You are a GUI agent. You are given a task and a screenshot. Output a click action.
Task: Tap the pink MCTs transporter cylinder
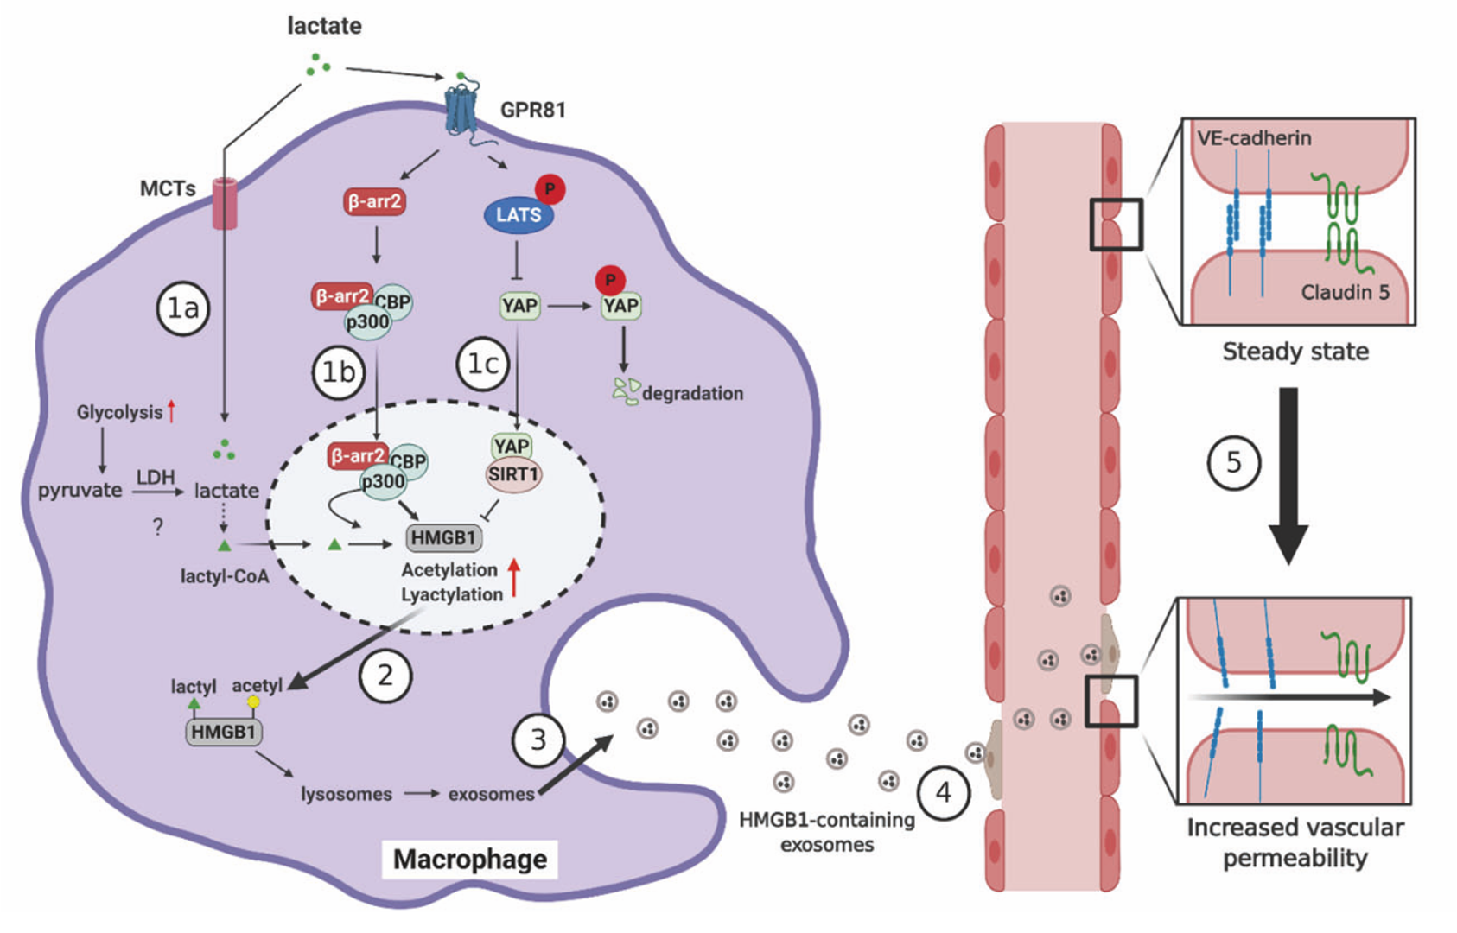tap(225, 203)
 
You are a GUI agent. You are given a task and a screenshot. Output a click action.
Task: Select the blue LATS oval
tap(519, 215)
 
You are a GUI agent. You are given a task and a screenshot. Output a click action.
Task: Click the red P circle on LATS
tap(550, 188)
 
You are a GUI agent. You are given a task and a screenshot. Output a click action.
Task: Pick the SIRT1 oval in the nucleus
tap(513, 474)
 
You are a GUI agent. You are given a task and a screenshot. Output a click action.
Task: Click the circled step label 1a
tap(183, 308)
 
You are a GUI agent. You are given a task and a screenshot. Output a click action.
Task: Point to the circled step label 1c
tap(483, 365)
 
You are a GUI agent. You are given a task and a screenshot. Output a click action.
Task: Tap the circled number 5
tap(1233, 463)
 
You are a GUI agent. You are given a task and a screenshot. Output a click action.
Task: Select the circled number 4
tap(943, 792)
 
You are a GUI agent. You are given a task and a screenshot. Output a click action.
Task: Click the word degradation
tap(692, 394)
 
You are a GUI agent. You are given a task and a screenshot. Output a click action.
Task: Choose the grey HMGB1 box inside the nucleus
tap(443, 537)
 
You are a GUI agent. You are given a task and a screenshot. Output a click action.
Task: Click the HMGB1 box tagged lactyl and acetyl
tap(224, 733)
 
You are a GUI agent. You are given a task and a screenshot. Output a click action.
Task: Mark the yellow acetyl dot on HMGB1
tap(253, 702)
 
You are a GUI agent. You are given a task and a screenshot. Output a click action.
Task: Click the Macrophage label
tap(470, 860)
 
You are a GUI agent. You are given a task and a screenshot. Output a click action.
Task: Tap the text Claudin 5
tap(1345, 293)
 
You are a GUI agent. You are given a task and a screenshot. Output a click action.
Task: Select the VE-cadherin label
tap(1254, 138)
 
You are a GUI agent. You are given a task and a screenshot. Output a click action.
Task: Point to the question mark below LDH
tap(157, 527)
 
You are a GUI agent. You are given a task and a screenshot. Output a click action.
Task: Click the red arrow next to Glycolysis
tap(172, 411)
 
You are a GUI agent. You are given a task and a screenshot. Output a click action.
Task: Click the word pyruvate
tap(80, 491)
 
